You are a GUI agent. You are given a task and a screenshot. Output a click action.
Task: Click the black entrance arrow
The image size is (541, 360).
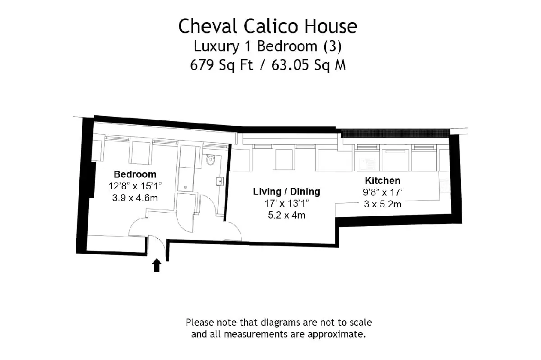(157, 265)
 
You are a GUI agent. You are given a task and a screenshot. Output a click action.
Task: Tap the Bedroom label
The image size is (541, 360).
(135, 174)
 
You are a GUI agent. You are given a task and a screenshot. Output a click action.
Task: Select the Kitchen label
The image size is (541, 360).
(383, 180)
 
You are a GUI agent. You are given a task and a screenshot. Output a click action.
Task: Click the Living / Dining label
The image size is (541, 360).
(286, 191)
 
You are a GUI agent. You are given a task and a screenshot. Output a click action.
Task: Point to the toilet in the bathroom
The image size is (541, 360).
(211, 159)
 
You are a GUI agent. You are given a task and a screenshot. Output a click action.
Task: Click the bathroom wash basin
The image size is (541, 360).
(220, 181)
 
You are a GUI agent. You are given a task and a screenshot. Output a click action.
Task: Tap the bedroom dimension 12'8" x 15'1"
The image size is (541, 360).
(135, 186)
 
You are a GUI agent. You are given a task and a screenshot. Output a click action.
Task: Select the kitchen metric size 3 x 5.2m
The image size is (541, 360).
(383, 204)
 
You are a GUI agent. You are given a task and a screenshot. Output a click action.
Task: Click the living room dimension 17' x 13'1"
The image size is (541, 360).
(287, 204)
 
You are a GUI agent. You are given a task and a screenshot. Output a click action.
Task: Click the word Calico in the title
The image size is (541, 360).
(271, 26)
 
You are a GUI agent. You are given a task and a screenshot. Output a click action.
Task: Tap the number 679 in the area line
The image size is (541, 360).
(202, 65)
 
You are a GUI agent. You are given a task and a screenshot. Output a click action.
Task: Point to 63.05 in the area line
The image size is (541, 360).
(290, 65)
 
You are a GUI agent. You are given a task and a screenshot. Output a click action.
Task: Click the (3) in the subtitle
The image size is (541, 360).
(333, 46)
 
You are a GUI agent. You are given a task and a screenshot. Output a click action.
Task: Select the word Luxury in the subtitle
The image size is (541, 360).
(216, 46)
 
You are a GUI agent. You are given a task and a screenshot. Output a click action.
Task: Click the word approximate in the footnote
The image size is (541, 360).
(336, 335)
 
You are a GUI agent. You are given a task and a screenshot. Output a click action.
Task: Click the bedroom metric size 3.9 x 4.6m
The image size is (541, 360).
(135, 198)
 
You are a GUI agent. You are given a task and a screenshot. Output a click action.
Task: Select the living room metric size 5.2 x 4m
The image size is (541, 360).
(286, 215)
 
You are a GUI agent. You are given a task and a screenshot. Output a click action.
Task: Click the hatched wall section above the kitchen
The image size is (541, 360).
(395, 133)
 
